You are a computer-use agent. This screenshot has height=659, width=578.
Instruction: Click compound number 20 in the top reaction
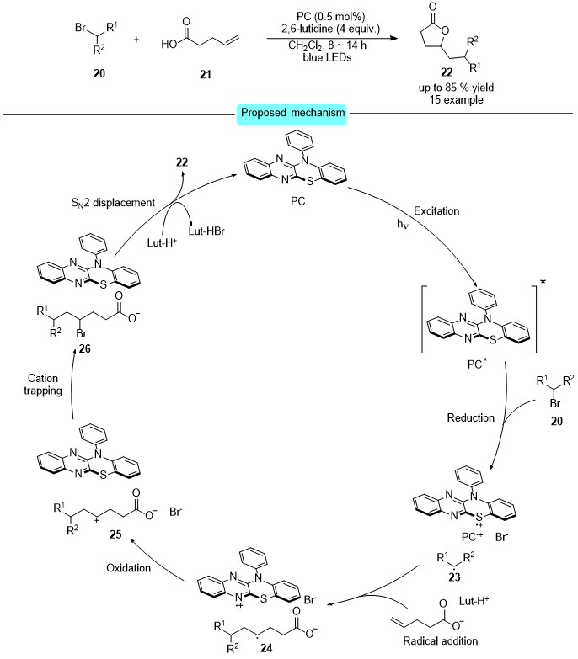point(99,73)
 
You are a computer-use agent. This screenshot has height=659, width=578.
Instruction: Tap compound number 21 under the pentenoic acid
point(206,74)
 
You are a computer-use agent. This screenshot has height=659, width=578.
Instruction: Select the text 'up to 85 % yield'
point(456,88)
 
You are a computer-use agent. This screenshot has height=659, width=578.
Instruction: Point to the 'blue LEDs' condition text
point(327,57)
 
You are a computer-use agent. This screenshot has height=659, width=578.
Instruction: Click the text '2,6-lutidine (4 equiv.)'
point(330,29)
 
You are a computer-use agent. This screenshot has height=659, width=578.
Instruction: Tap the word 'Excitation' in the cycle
point(436,211)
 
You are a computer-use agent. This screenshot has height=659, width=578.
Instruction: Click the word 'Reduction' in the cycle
point(471,417)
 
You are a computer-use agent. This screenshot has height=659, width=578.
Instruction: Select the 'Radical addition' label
point(441,641)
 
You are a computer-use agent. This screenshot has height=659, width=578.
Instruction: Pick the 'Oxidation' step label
point(128,568)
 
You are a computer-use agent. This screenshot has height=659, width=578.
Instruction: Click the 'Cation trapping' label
point(43,385)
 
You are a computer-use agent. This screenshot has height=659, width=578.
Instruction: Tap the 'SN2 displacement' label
point(113,203)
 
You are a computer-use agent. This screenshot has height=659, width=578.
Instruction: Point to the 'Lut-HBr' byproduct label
point(206,231)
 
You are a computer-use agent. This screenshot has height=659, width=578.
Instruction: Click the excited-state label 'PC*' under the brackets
point(477,364)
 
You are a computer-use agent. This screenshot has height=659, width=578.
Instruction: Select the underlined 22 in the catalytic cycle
point(182,162)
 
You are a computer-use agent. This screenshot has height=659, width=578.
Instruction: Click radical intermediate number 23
point(454,577)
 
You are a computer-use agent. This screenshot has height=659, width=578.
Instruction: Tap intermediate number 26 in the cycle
point(84,348)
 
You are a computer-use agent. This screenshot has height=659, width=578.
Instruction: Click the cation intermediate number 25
point(115,534)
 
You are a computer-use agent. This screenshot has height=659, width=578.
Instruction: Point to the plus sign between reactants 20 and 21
point(136,40)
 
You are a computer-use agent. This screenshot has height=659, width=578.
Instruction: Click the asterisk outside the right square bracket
point(543,282)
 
